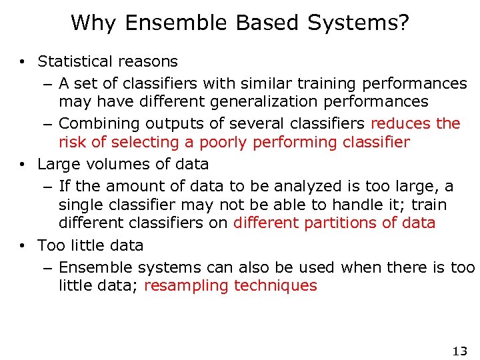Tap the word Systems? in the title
tap(359, 23)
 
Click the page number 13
tap(459, 351)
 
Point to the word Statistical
tap(73, 61)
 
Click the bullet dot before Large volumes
tap(23, 164)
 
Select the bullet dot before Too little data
tap(23, 245)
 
